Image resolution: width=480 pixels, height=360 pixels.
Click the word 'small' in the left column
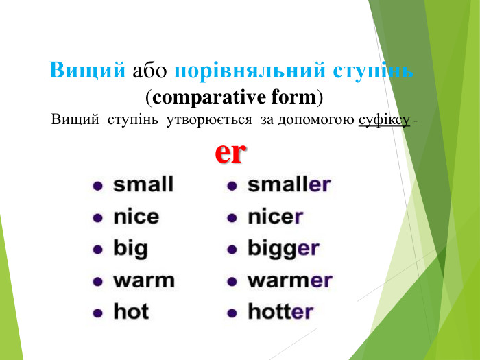(143, 184)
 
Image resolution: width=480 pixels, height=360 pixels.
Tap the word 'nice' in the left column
(136, 217)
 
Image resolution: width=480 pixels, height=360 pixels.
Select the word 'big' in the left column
(130, 249)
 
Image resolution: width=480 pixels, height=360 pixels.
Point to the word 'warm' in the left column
(144, 280)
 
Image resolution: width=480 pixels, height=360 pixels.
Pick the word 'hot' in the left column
(131, 312)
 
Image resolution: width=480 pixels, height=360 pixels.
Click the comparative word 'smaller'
(289, 184)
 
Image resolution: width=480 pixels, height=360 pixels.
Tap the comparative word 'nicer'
(275, 217)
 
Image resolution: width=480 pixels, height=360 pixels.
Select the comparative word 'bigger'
(283, 249)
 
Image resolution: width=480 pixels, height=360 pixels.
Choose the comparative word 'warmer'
(289, 280)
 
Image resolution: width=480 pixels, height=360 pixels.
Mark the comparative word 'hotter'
(280, 312)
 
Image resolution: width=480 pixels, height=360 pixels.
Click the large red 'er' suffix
(230, 152)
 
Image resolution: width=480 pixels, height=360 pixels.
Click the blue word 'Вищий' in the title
(88, 71)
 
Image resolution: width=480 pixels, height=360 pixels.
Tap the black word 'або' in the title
(150, 71)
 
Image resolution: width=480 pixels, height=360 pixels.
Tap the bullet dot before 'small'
(99, 185)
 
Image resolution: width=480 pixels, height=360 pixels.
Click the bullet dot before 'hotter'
(233, 313)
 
